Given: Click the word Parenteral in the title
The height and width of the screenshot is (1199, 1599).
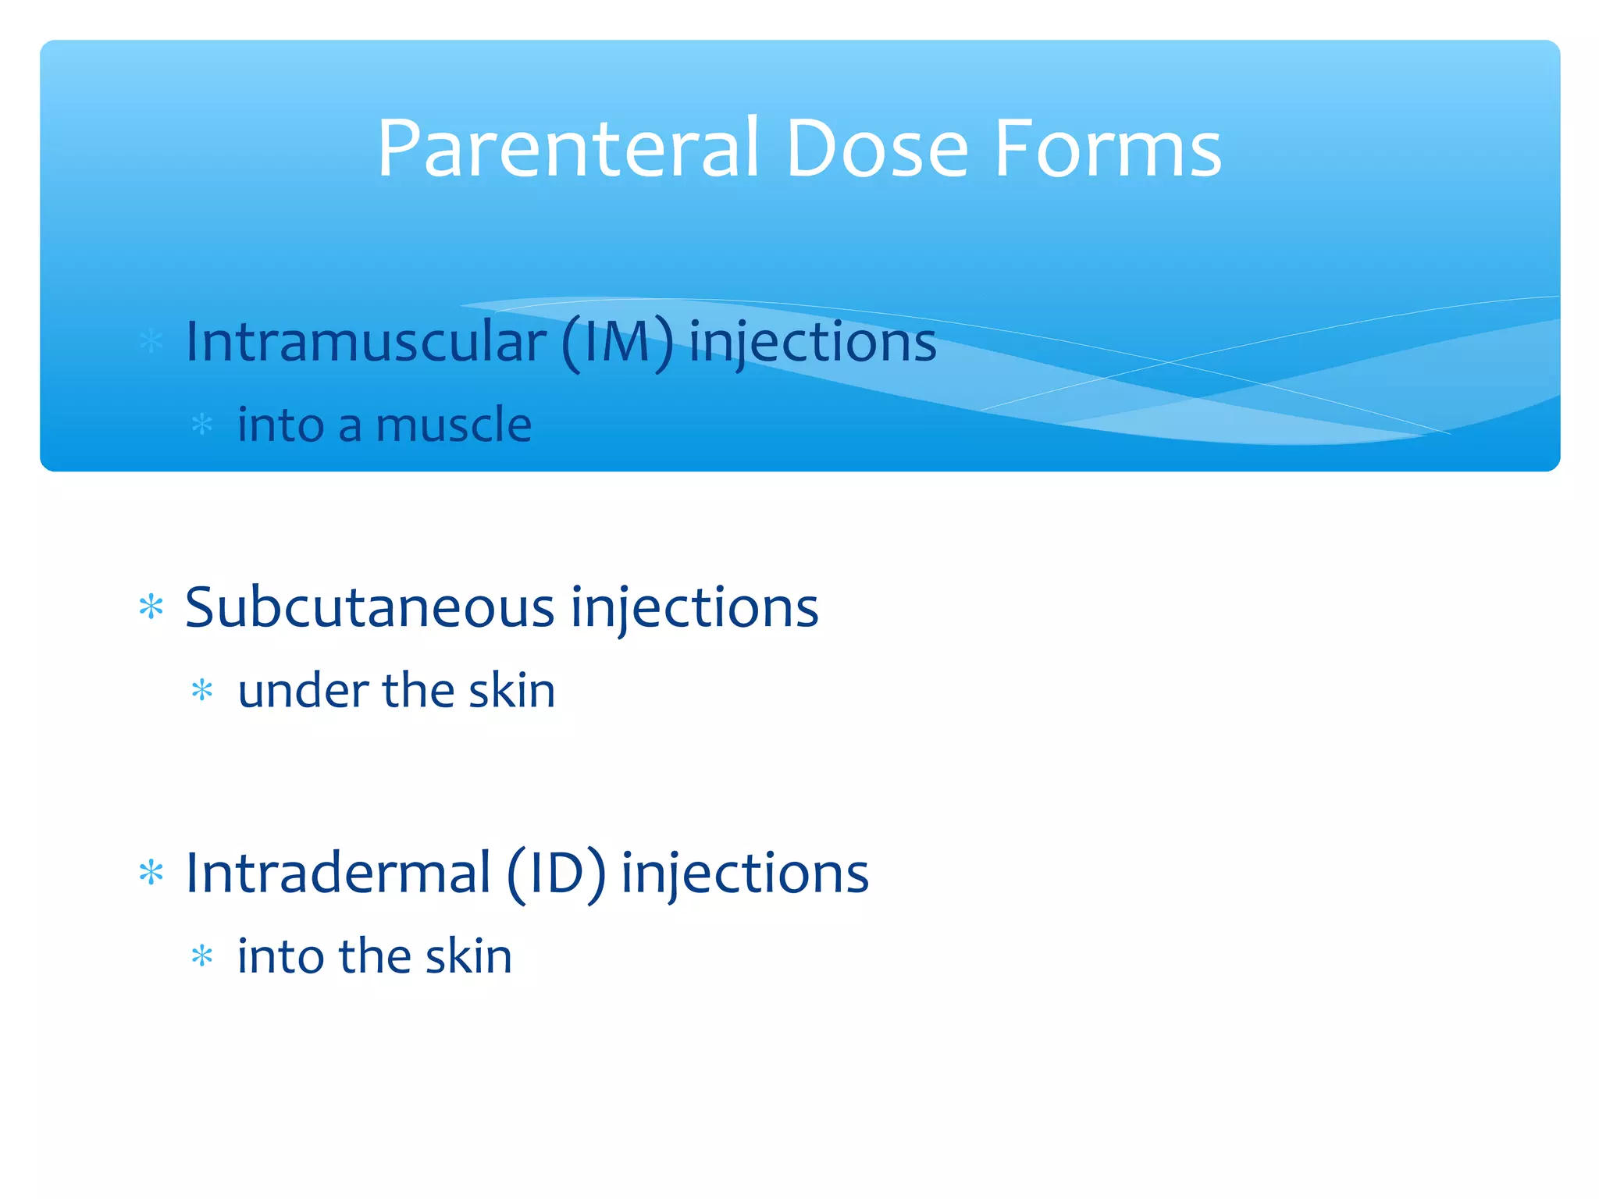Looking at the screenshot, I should pyautogui.click(x=568, y=148).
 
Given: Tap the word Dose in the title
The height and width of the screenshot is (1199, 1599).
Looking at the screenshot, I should pyautogui.click(x=877, y=148).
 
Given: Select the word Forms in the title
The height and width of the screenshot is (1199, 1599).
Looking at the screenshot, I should pyautogui.click(x=1107, y=148).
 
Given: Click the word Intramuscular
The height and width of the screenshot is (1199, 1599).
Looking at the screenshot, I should pyautogui.click(x=365, y=342).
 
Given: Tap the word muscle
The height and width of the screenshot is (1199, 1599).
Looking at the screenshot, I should pyautogui.click(x=454, y=425).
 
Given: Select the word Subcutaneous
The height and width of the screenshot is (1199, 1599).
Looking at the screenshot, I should pyautogui.click(x=370, y=607).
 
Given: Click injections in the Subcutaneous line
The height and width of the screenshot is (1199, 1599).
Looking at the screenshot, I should pyautogui.click(x=694, y=609).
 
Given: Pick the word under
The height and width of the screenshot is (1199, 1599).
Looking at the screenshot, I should pyautogui.click(x=303, y=691).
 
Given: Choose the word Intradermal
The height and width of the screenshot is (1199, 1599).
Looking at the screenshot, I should pyautogui.click(x=338, y=873).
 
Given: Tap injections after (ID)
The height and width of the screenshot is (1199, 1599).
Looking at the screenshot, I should pyautogui.click(x=745, y=874).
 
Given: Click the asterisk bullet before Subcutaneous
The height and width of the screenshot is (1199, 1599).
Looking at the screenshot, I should pyautogui.click(x=151, y=607).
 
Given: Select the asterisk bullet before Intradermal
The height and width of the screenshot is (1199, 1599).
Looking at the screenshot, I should pyautogui.click(x=151, y=873).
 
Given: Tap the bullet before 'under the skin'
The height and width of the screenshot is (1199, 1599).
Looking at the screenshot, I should pyautogui.click(x=202, y=691).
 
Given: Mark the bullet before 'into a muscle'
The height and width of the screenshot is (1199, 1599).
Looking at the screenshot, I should pyautogui.click(x=202, y=425).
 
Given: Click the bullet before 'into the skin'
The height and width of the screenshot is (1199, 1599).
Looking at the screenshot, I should pyautogui.click(x=202, y=956).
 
